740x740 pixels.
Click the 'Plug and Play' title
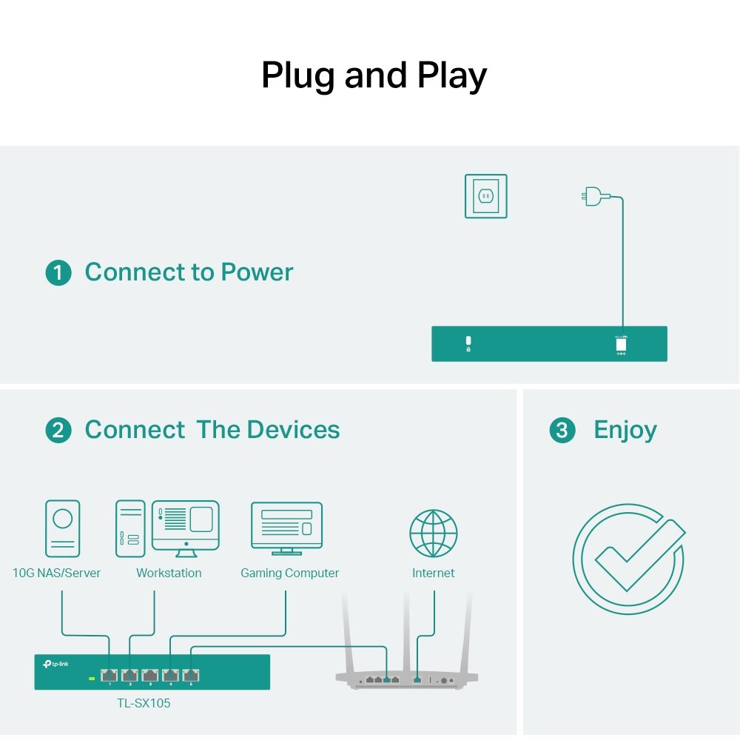pyautogui.click(x=374, y=75)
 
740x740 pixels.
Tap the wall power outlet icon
pyautogui.click(x=485, y=196)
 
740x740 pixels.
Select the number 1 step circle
pyautogui.click(x=58, y=273)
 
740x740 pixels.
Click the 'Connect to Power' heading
pyautogui.click(x=189, y=272)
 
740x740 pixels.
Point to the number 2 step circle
pyautogui.click(x=58, y=431)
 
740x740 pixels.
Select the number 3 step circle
pyautogui.click(x=562, y=431)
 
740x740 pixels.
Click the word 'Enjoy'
pyautogui.click(x=625, y=430)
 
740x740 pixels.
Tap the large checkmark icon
pyautogui.click(x=628, y=559)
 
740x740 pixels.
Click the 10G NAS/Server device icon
pyautogui.click(x=62, y=528)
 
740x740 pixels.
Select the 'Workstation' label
pyautogui.click(x=169, y=573)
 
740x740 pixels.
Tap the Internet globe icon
pyautogui.click(x=434, y=534)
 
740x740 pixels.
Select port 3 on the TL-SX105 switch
pyautogui.click(x=150, y=675)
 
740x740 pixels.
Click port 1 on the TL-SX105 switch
pyautogui.click(x=109, y=675)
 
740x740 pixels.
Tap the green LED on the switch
pyautogui.click(x=92, y=677)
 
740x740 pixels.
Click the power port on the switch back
pyautogui.click(x=621, y=344)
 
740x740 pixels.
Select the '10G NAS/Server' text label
pyautogui.click(x=56, y=573)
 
